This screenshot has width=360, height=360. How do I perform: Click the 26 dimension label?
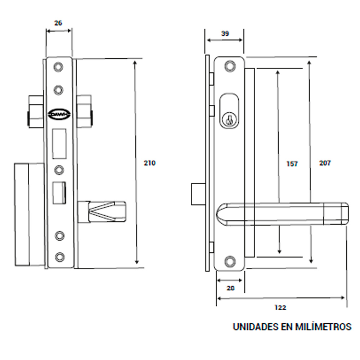coord(58,23)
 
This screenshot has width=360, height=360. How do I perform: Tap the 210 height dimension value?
coord(149,163)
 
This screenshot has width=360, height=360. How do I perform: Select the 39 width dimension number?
coord(225,34)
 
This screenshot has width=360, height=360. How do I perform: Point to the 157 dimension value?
coord(292,164)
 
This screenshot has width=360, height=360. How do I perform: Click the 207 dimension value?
coord(325,163)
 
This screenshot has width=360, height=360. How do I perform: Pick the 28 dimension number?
coord(231,288)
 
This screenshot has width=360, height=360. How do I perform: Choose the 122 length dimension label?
coord(280,307)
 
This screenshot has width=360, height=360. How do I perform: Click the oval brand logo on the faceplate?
coord(59,114)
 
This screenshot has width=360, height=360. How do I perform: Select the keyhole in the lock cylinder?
coord(228,120)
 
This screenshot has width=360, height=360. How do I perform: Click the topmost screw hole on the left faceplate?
coord(58,67)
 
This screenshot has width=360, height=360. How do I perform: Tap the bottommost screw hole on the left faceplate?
coord(60,257)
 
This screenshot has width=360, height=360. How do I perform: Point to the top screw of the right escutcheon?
coord(230,66)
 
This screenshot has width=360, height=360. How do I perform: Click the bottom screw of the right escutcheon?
coord(230,261)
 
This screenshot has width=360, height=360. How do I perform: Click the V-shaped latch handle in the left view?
coord(103,211)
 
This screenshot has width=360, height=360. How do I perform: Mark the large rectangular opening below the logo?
coord(59,144)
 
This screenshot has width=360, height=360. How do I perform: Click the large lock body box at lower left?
coord(30,215)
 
